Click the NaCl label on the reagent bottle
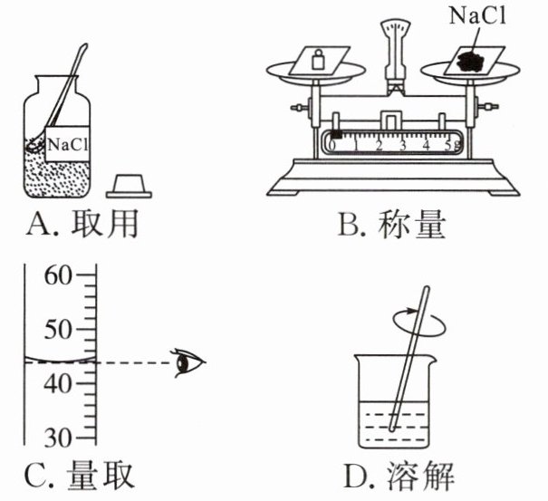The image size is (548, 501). (67, 144)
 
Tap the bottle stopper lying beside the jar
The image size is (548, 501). (129, 187)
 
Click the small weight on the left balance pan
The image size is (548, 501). (319, 60)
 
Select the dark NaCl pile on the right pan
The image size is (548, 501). (470, 61)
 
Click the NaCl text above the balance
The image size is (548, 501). (477, 15)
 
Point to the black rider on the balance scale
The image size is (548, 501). (337, 134)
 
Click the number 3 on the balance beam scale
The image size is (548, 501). (403, 145)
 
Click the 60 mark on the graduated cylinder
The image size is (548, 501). (57, 275)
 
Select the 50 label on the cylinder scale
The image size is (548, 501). (57, 330)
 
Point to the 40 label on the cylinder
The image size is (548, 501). (57, 383)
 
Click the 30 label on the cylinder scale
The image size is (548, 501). (57, 438)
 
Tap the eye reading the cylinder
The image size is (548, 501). (188, 363)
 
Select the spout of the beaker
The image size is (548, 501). (432, 360)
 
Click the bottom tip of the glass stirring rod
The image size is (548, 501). (392, 429)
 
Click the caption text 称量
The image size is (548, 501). (412, 225)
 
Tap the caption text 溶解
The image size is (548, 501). (420, 477)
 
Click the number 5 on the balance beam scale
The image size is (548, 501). (449, 145)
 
